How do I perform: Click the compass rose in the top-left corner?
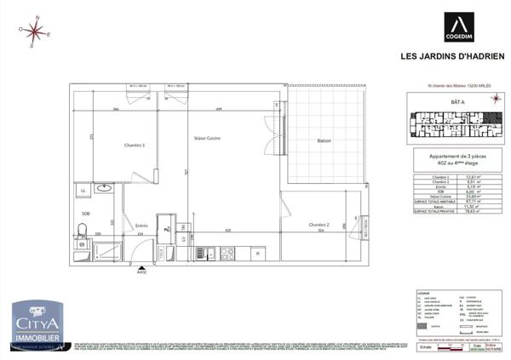pos(35,32)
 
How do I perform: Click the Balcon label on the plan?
pos(324,140)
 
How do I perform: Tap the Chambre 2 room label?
pos(320,224)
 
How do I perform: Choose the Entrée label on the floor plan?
pos(141,226)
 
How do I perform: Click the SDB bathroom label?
pos(86,214)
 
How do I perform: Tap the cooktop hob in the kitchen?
pos(228,253)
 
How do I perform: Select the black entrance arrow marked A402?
pos(141,267)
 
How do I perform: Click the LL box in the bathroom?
pos(83,191)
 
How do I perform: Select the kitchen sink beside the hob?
pos(204,253)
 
